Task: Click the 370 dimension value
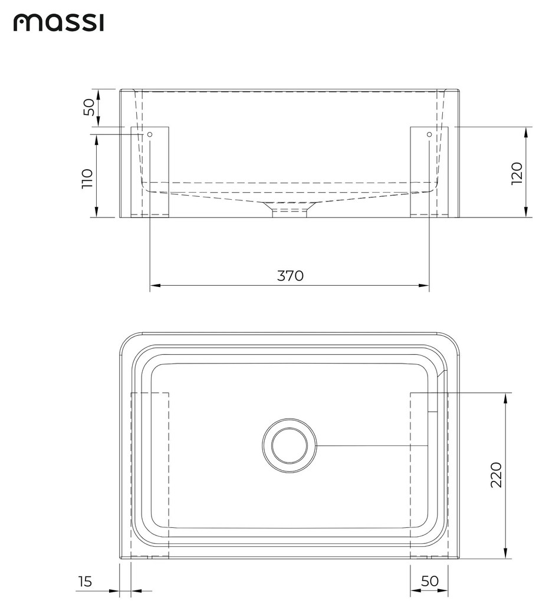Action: tap(290, 276)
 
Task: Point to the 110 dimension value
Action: tap(87, 178)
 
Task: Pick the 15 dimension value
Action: tap(85, 582)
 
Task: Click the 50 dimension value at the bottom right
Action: tap(430, 581)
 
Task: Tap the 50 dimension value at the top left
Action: tap(88, 107)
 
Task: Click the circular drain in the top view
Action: tap(289, 446)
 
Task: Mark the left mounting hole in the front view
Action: tap(150, 135)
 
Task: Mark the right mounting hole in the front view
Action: tap(429, 135)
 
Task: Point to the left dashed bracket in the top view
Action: tap(150, 474)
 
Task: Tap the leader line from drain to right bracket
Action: tap(372, 446)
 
